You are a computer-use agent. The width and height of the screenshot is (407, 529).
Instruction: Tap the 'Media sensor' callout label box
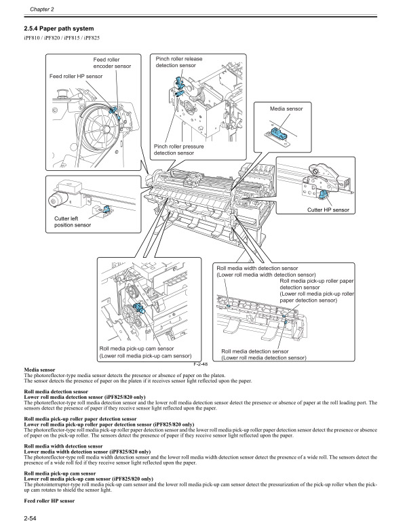tap(286, 109)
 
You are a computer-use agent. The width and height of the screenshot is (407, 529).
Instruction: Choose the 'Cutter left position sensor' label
tap(73, 222)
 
